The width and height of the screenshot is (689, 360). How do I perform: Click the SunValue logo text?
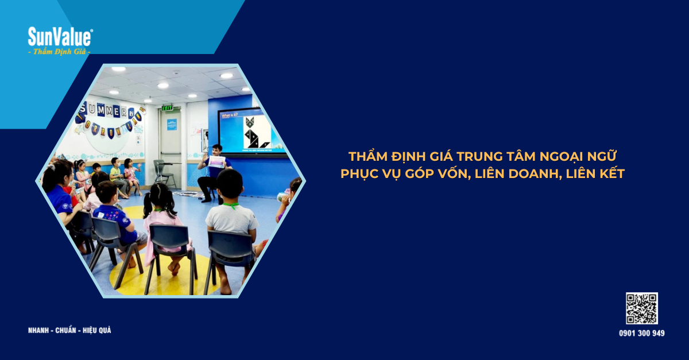point(60,37)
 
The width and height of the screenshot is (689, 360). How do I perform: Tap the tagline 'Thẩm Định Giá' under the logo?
point(60,52)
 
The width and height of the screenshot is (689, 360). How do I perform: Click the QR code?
point(641,308)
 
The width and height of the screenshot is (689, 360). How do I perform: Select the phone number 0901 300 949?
point(641,333)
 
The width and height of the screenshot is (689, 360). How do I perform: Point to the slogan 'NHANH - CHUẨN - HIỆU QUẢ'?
point(69,330)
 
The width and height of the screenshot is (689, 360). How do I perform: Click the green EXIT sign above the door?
point(167,107)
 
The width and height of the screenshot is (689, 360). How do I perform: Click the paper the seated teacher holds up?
point(217,162)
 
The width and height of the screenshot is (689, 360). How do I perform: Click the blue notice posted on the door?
point(171,124)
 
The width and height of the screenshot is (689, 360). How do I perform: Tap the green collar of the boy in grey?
point(230,205)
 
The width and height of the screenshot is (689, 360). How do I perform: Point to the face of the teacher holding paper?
point(216,151)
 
